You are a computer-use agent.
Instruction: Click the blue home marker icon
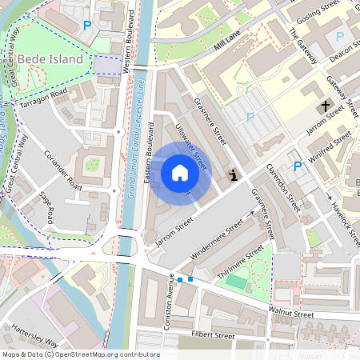(180, 172)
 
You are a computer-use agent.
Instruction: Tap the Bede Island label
(50, 59)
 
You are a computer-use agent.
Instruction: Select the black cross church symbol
(326, 106)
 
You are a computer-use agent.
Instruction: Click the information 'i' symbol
(233, 174)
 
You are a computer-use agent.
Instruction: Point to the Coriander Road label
(63, 169)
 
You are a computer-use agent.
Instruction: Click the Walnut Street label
(291, 315)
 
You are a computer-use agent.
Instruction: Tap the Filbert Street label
(212, 334)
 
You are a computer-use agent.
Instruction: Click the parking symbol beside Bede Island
(86, 25)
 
